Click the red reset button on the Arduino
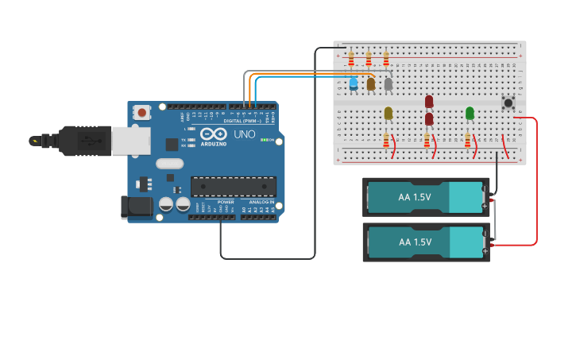(x=142, y=113)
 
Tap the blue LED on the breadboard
(x=354, y=82)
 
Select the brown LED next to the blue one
(x=370, y=83)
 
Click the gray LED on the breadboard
(x=388, y=83)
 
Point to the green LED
(x=470, y=113)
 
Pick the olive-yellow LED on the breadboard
(x=388, y=113)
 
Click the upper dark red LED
(x=429, y=101)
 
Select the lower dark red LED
(x=429, y=118)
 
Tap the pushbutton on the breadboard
(x=508, y=101)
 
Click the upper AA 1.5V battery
(x=426, y=196)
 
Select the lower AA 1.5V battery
(x=426, y=242)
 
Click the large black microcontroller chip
(x=234, y=187)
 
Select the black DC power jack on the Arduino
(x=136, y=207)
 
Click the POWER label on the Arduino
(x=226, y=202)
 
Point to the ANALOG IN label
(x=261, y=202)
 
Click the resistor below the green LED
(x=467, y=140)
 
